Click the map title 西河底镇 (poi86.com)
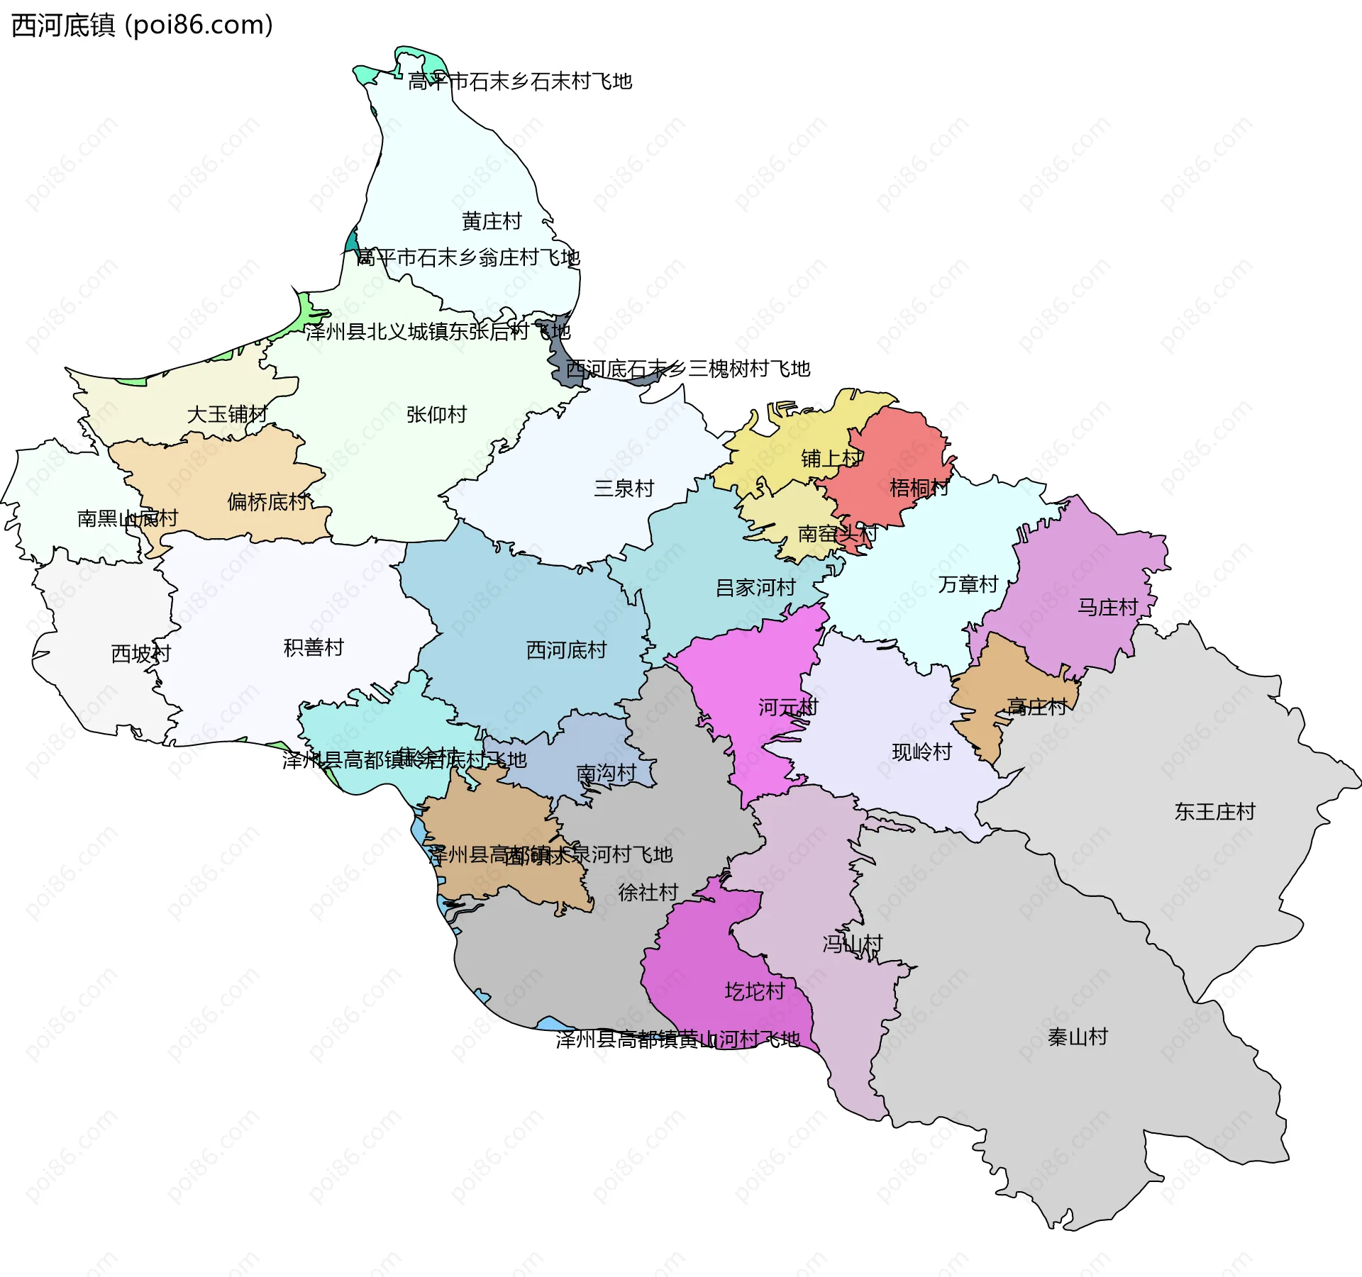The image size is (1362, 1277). [x=142, y=26]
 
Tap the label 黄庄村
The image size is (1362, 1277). [x=492, y=222]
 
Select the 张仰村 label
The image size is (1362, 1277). [x=436, y=415]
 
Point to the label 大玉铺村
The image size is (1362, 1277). [x=227, y=414]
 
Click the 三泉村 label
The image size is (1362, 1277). [x=624, y=489]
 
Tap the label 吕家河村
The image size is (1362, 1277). [x=755, y=588]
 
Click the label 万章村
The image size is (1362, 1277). [x=968, y=584]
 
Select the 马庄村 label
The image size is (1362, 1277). [x=1107, y=607]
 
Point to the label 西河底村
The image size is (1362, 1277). [x=566, y=650]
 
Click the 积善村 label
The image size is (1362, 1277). [x=314, y=647]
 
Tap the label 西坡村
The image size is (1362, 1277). [x=141, y=654]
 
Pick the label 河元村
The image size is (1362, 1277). [x=788, y=707]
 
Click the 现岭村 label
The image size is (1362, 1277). [x=921, y=752]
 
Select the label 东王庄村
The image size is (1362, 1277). [x=1214, y=811]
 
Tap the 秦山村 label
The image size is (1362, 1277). [x=1078, y=1037]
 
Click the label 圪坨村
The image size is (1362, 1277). [x=755, y=991]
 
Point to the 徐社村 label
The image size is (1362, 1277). [x=648, y=893]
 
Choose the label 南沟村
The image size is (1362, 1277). [x=606, y=773]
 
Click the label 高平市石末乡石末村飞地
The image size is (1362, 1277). [x=520, y=82]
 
